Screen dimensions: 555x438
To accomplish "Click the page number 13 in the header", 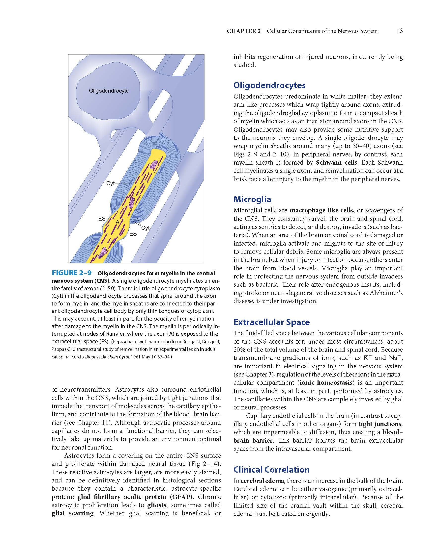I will click(x=399, y=31).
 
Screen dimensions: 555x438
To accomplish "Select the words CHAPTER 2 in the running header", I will click(x=244, y=31).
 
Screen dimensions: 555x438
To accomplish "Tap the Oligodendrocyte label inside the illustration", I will click(x=109, y=91).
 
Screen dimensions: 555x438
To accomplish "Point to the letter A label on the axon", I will click(x=117, y=222).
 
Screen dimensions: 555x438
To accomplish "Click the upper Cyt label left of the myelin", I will click(x=110, y=184).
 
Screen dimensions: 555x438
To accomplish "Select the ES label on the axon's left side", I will click(x=102, y=219).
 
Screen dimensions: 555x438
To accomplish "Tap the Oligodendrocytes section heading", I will click(x=269, y=85).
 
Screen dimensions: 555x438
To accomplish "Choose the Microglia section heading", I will click(x=252, y=199).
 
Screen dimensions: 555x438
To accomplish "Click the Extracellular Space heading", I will click(x=272, y=322).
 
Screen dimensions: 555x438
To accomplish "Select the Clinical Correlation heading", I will click(x=272, y=469).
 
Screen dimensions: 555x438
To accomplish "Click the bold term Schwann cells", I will click(x=333, y=163).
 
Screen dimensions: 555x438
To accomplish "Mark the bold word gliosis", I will click(x=157, y=505).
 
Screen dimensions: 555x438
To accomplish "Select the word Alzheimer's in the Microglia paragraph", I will click(x=386, y=293).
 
